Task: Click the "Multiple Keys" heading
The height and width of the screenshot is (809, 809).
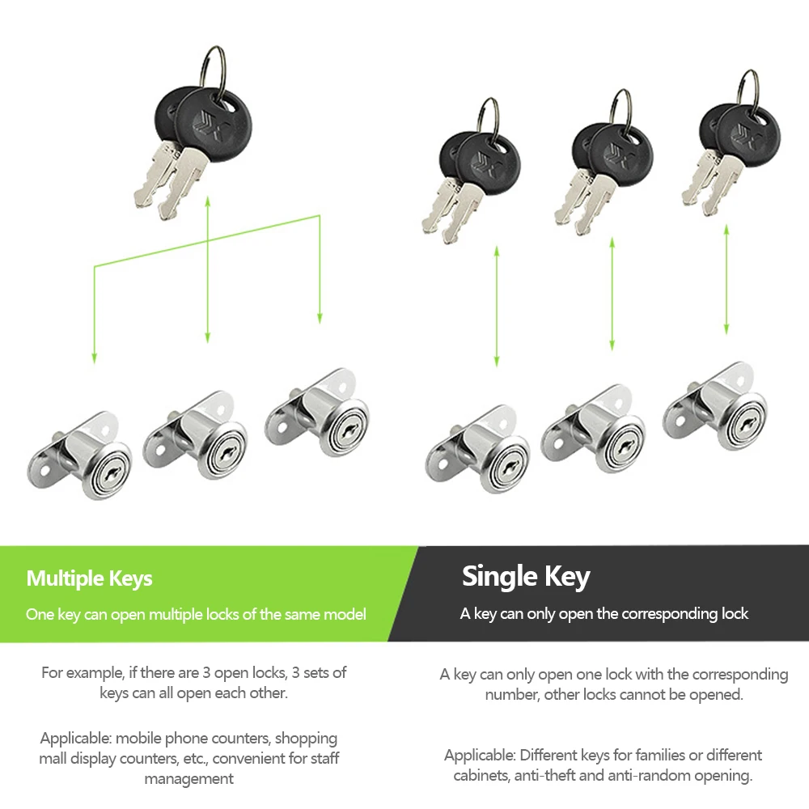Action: click(x=89, y=578)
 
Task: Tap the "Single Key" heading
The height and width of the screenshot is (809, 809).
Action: click(x=526, y=576)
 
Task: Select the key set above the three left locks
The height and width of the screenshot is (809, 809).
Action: click(x=193, y=133)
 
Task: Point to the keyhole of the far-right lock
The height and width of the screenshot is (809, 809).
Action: click(x=746, y=424)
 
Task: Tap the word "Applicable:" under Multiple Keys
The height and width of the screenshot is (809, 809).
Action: click(x=76, y=739)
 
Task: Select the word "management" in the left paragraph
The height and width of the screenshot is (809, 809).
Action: click(x=188, y=778)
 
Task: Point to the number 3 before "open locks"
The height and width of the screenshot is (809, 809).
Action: click(x=206, y=673)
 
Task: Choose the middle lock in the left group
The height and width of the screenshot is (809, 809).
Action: click(x=195, y=435)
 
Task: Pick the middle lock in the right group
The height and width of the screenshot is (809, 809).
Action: click(x=593, y=429)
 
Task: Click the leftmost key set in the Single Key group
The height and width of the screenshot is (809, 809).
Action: click(x=471, y=170)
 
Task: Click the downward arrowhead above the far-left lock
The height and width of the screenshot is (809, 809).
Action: click(x=95, y=358)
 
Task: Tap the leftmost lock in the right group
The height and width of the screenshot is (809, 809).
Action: click(x=478, y=449)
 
